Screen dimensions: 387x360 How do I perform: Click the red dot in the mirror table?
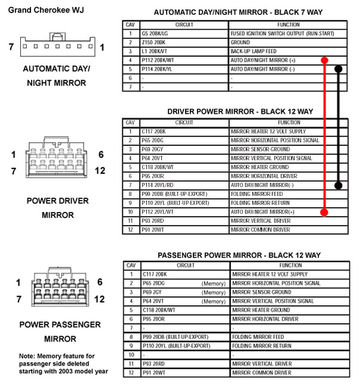tap(324, 60)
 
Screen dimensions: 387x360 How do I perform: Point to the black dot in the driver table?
tap(339, 185)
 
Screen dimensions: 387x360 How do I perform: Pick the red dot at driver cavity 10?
tap(324, 212)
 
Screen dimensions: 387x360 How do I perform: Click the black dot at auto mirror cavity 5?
tap(339, 69)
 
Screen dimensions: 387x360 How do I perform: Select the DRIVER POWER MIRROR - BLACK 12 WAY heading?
tap(240, 112)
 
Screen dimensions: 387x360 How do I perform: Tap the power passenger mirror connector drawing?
tap(58, 290)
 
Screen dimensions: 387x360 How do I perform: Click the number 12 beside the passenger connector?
tap(100, 299)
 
